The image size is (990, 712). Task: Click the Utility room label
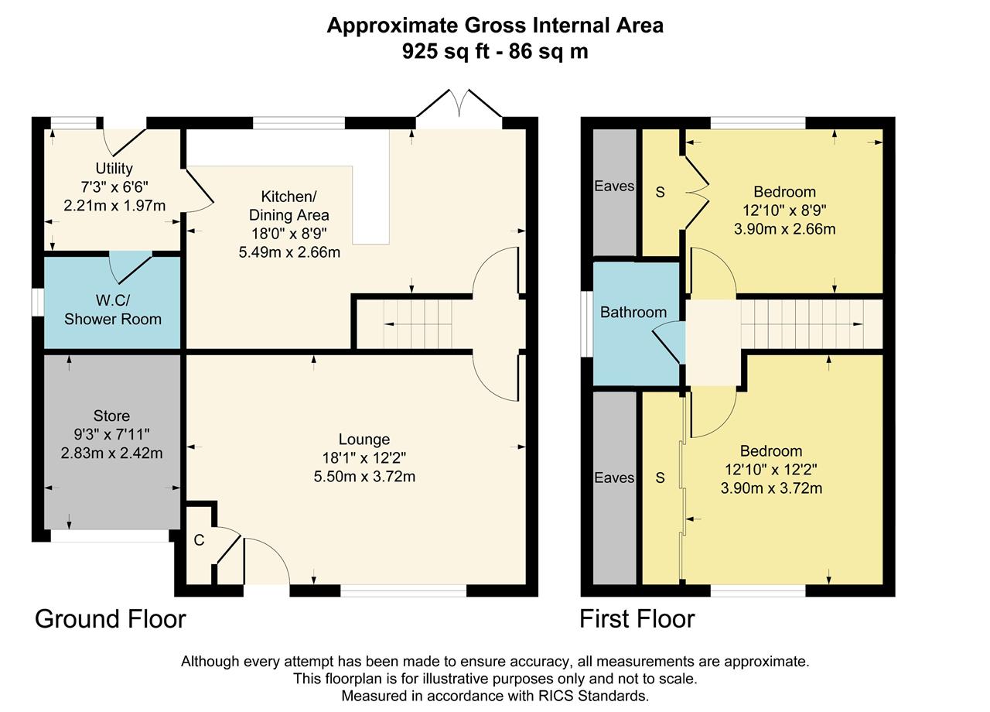pyautogui.click(x=114, y=169)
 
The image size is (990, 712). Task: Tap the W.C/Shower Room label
pyautogui.click(x=113, y=310)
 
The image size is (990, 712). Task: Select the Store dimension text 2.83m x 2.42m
pyautogui.click(x=112, y=453)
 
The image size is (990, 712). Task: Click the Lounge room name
pyautogui.click(x=364, y=439)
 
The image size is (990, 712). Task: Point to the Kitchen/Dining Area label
pyautogui.click(x=289, y=206)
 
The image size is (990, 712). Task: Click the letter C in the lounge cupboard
pyautogui.click(x=199, y=540)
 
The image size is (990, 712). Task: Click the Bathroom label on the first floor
pyautogui.click(x=633, y=312)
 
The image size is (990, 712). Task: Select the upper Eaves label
pyautogui.click(x=614, y=187)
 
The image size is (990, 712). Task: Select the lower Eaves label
pyautogui.click(x=614, y=478)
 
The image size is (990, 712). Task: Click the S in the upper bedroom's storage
pyautogui.click(x=661, y=192)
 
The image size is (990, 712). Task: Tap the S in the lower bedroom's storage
pyautogui.click(x=661, y=478)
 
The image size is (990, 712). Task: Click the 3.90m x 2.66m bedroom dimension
pyautogui.click(x=784, y=229)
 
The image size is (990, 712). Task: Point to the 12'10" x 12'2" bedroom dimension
pyautogui.click(x=771, y=469)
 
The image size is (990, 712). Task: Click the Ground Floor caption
pyautogui.click(x=111, y=618)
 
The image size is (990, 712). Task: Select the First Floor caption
pyautogui.click(x=637, y=618)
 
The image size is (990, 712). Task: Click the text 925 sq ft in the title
pyautogui.click(x=446, y=52)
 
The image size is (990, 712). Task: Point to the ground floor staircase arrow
pyautogui.click(x=418, y=324)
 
